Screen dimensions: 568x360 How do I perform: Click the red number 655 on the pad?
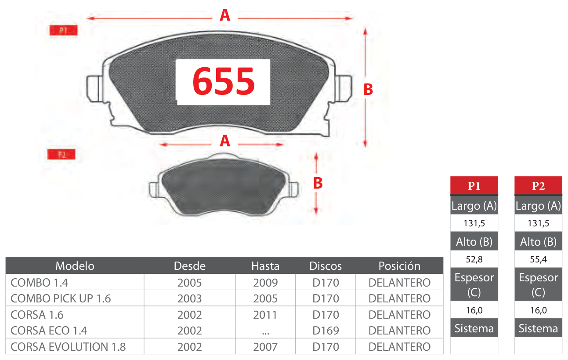click(x=224, y=81)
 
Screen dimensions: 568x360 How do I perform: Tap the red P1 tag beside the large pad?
click(x=63, y=30)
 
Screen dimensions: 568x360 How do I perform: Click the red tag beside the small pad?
click(x=62, y=154)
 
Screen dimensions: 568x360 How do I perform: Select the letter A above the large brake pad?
click(x=225, y=15)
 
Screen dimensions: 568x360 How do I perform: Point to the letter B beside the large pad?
click(x=368, y=90)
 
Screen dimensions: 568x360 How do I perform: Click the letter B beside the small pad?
click(x=318, y=183)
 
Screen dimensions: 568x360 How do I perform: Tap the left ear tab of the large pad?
click(x=94, y=89)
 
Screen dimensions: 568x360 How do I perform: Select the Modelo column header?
click(x=75, y=266)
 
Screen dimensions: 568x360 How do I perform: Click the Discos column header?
click(x=326, y=266)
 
